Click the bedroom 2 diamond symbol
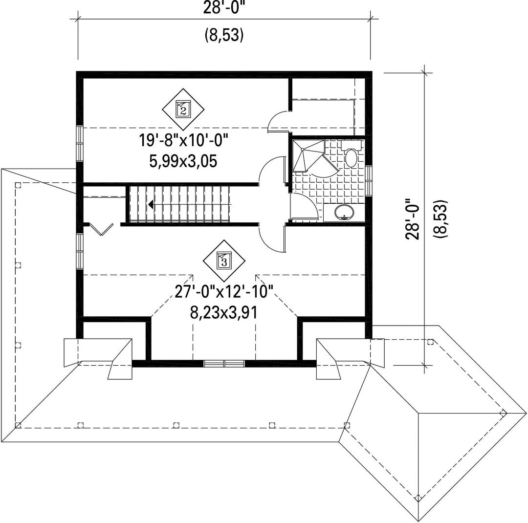[x=183, y=109]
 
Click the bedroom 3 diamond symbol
[x=224, y=261]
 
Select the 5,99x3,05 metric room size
[x=183, y=161]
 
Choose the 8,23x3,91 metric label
[x=224, y=312]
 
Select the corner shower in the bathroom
[x=308, y=156]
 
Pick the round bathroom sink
[x=344, y=213]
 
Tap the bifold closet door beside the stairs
[x=101, y=229]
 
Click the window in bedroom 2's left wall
[x=80, y=144]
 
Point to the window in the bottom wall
[x=224, y=364]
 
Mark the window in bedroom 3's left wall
[x=80, y=251]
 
